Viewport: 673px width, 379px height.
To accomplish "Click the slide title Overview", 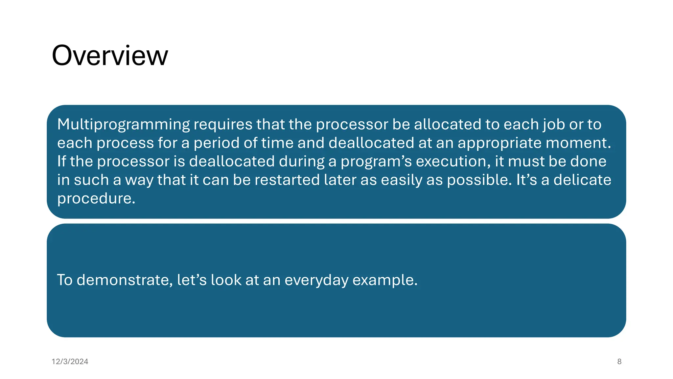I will [x=110, y=56].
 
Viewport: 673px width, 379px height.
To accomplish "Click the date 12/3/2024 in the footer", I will [x=70, y=362].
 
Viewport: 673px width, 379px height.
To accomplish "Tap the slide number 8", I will [x=619, y=362].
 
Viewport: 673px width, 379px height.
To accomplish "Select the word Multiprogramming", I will [x=123, y=125].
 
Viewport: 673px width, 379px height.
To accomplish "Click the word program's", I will [x=376, y=162].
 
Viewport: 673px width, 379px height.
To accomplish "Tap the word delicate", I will [x=582, y=180].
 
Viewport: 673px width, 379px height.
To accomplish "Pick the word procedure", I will [x=96, y=198].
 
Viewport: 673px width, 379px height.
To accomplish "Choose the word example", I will [x=385, y=280].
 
